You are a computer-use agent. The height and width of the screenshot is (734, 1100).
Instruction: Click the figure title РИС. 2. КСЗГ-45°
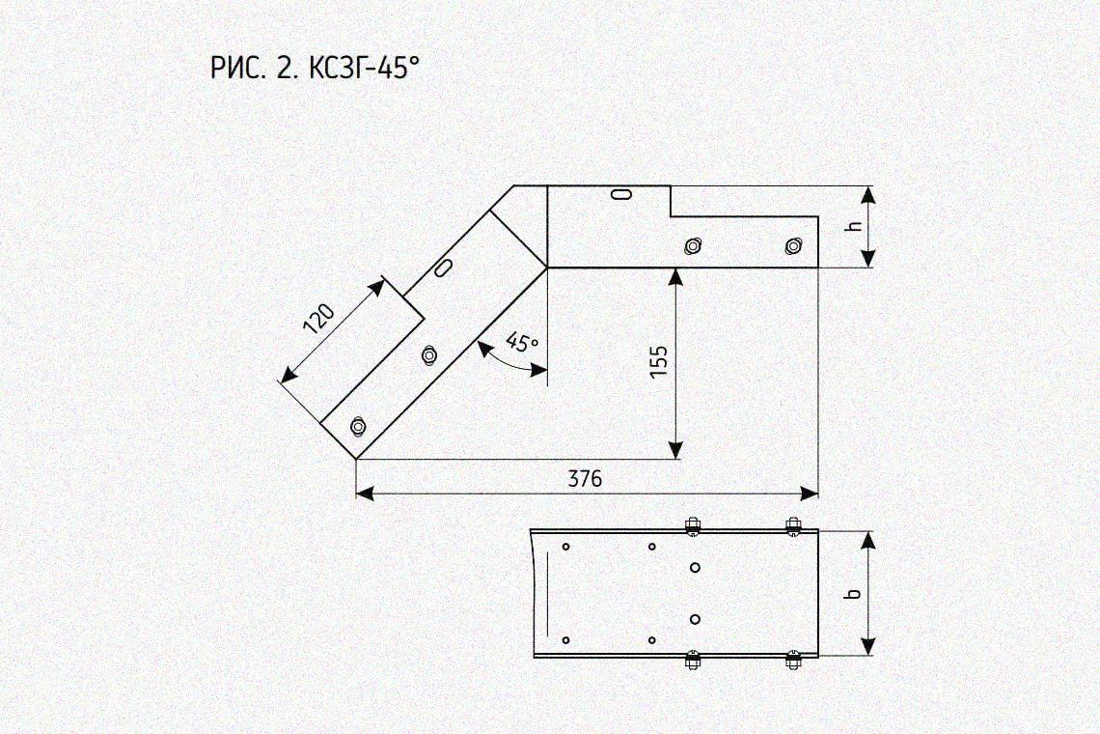coord(315,69)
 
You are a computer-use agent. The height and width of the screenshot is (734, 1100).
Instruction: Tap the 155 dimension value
coord(659,362)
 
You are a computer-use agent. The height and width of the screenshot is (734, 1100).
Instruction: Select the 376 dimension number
coord(585,479)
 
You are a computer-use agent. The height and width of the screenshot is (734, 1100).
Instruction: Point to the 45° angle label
coord(523,342)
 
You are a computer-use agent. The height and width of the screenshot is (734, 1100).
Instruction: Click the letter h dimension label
coord(854,226)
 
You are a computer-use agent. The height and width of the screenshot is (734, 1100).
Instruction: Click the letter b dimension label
coord(854,594)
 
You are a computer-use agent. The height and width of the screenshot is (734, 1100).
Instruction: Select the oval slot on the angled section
coord(443,268)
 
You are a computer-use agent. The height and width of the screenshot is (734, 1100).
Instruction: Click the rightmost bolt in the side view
coord(793,246)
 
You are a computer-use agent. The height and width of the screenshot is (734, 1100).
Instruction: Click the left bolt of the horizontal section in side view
coord(693,246)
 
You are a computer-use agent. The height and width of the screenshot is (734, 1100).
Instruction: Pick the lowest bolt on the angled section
coord(358,426)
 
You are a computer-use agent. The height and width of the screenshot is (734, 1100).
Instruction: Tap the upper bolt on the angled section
coord(428,354)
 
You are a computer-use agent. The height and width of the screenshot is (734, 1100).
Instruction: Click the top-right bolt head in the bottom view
coord(793,526)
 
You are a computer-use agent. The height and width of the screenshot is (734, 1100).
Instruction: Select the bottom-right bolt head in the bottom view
coord(793,661)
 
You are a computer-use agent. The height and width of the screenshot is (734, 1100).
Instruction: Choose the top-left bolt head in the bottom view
coord(693,526)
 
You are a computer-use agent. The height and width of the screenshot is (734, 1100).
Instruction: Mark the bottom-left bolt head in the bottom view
coord(693,661)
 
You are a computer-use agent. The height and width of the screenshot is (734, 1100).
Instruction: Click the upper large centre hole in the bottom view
coord(695,568)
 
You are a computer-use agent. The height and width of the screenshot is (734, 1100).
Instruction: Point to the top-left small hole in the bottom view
coord(566,547)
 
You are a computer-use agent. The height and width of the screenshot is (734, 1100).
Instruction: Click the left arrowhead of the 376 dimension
coord(364,494)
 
